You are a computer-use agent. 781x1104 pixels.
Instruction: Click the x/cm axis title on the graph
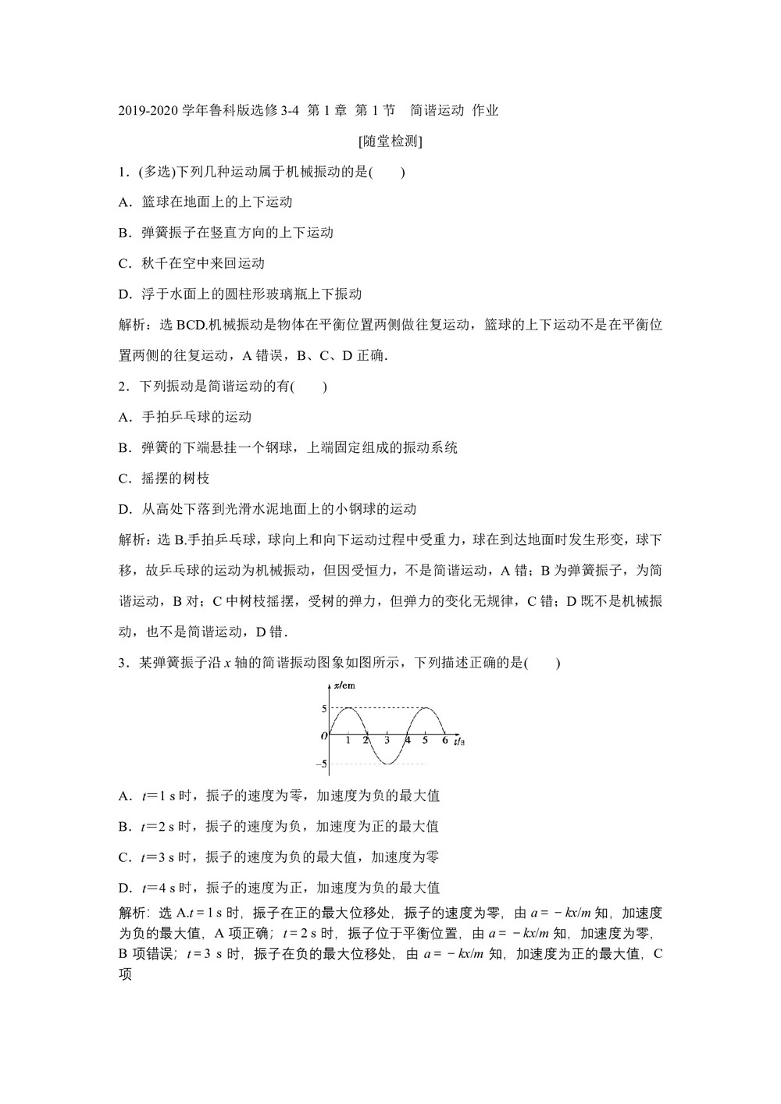(x=344, y=686)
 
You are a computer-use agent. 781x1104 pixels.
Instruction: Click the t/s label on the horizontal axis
(x=460, y=740)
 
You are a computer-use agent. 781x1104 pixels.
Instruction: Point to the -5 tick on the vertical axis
(x=321, y=764)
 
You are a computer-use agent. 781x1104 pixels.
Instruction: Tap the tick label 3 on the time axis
(x=387, y=740)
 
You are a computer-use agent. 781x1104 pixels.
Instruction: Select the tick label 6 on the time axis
(x=444, y=739)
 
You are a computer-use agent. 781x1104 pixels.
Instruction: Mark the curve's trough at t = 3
(x=387, y=763)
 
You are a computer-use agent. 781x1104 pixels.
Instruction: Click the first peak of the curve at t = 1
(x=348, y=708)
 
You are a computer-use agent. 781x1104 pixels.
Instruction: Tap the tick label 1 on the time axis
(x=348, y=740)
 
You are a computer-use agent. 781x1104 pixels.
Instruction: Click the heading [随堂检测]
(x=390, y=141)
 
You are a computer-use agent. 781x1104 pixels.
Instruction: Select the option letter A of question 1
(x=123, y=202)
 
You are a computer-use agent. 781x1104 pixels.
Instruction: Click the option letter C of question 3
(x=123, y=857)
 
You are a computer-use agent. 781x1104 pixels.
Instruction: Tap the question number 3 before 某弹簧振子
(x=122, y=664)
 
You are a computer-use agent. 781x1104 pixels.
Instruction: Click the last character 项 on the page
(x=126, y=974)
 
